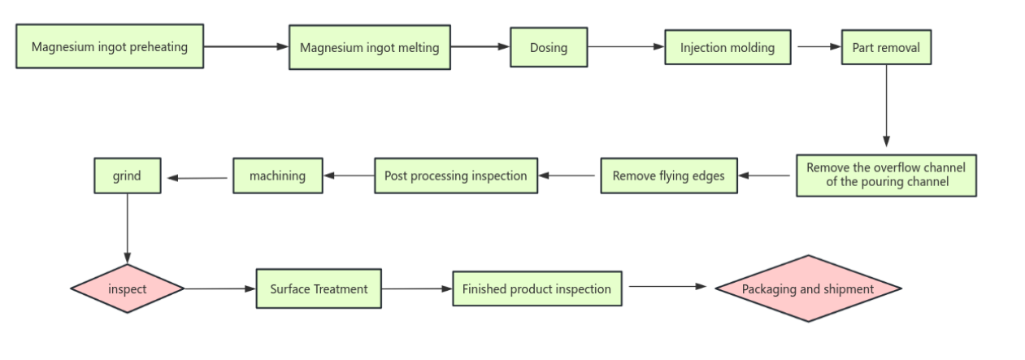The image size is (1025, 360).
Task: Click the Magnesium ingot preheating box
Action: [x=110, y=46]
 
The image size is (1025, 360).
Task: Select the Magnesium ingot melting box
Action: [x=370, y=47]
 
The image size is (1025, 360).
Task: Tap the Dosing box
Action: [x=549, y=47]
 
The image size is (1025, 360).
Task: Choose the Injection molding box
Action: [x=727, y=47]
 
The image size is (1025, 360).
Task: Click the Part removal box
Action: [x=886, y=47]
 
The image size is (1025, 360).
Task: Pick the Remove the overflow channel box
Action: [x=886, y=175]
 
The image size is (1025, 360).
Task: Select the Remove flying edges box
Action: [x=668, y=176]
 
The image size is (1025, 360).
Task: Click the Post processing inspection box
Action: [x=455, y=176]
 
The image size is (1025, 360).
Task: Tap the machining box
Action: [x=278, y=176]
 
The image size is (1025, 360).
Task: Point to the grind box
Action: [x=127, y=176]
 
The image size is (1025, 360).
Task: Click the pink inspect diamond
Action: [x=128, y=288]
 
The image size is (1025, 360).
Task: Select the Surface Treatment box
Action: [x=319, y=288]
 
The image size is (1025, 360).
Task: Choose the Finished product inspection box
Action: [x=536, y=288]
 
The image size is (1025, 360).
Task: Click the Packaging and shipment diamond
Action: [x=808, y=288]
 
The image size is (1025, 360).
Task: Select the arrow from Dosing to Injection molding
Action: [x=626, y=47]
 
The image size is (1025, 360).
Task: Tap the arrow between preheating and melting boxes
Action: [x=245, y=46]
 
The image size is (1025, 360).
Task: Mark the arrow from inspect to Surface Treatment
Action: [x=220, y=288]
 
